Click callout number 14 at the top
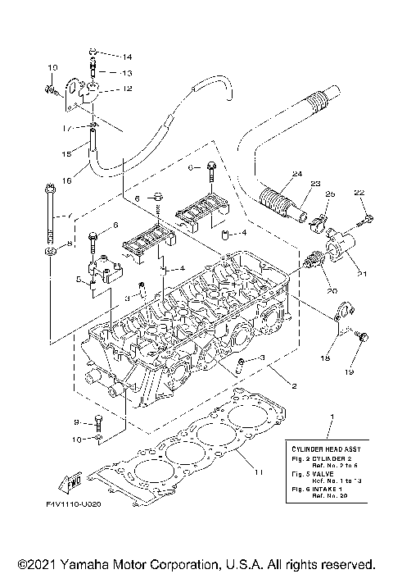(127, 57)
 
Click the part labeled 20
(311, 264)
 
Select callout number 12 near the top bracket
(127, 89)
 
